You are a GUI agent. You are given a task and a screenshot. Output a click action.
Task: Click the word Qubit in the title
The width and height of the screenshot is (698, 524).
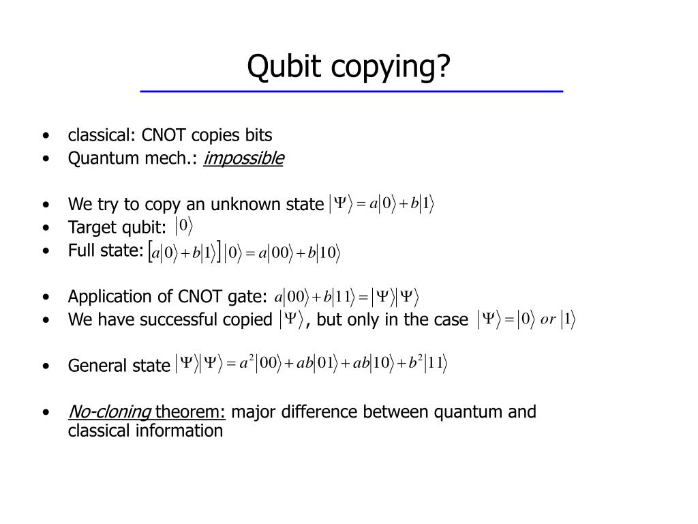tap(284, 66)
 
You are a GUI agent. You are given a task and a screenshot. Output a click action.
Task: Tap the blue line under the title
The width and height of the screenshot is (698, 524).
tap(352, 91)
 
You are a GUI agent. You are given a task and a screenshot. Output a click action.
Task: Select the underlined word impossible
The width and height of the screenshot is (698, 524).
tap(243, 158)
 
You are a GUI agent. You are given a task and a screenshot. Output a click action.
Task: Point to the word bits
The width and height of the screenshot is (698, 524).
tap(258, 135)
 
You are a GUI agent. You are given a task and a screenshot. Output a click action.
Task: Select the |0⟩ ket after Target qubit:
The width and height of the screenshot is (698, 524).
tap(184, 226)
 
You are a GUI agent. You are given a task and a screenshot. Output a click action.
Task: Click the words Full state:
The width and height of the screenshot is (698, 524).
tap(106, 250)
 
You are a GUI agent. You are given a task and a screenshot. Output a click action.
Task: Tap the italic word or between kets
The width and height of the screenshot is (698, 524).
tap(547, 319)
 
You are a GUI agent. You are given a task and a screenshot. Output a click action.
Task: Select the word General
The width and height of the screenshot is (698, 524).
tap(95, 366)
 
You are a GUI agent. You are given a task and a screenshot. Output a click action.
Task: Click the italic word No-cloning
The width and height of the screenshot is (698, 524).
tap(110, 411)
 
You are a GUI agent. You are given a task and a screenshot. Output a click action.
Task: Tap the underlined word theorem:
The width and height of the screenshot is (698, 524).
tap(190, 411)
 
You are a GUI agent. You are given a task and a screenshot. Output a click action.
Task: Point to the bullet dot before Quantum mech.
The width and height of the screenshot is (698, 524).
tap(46, 158)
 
